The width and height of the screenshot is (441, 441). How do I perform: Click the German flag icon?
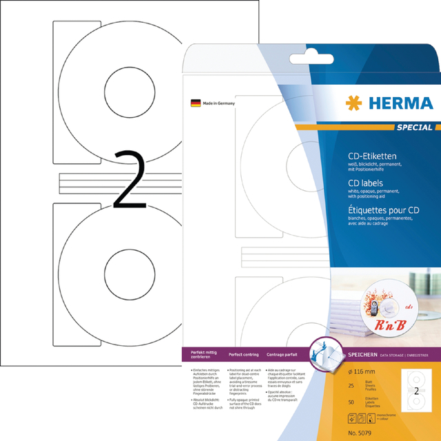pos(195,103)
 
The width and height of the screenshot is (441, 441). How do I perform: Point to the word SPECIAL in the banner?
pos(416,127)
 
